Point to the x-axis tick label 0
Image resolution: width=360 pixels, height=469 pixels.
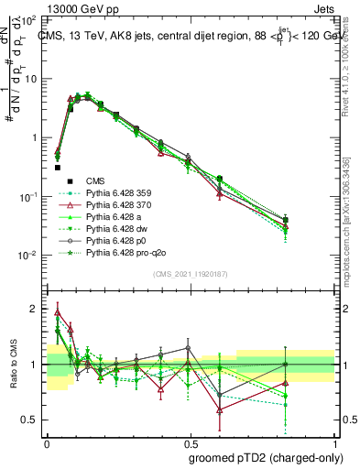[x=47, y=441]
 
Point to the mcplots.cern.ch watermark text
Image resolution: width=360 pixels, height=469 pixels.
[x=352, y=229]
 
